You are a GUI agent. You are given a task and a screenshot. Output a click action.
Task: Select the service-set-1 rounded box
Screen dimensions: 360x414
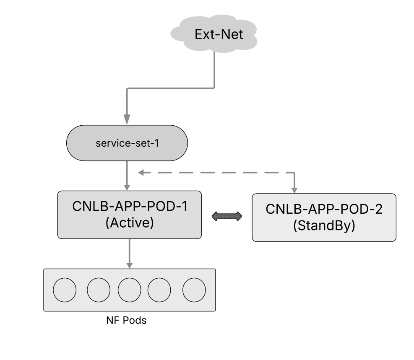[127, 143]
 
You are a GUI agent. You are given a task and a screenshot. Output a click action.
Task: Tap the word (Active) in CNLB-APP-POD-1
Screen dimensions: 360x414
[129, 222]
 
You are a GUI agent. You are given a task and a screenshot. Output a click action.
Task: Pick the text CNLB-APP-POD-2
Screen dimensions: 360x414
[324, 209]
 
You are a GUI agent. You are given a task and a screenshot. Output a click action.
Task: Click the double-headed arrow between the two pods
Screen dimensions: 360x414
[227, 216]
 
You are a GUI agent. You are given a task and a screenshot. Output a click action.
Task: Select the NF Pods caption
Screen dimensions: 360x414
[126, 321]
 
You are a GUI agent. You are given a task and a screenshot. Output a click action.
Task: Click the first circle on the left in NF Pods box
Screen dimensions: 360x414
[65, 290]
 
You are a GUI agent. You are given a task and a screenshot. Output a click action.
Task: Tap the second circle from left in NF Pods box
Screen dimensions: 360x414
[99, 290]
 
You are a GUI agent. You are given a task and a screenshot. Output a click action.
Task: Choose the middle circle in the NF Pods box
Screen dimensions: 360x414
[129, 290]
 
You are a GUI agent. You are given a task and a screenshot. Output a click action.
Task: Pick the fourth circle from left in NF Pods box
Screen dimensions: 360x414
[159, 290]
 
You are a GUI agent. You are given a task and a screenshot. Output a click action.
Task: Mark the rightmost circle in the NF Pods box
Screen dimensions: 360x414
[194, 290]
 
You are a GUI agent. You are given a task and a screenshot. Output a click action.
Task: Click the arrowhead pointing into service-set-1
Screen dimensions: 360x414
[127, 119]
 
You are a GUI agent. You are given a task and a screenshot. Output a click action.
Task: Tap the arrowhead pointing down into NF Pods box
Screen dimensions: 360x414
[129, 264]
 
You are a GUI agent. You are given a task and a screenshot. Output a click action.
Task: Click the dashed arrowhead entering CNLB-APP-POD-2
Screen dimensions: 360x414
[294, 189]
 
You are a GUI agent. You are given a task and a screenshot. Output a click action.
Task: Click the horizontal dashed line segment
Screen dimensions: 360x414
[218, 172]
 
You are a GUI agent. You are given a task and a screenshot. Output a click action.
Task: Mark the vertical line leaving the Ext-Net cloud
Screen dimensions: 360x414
[214, 69]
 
